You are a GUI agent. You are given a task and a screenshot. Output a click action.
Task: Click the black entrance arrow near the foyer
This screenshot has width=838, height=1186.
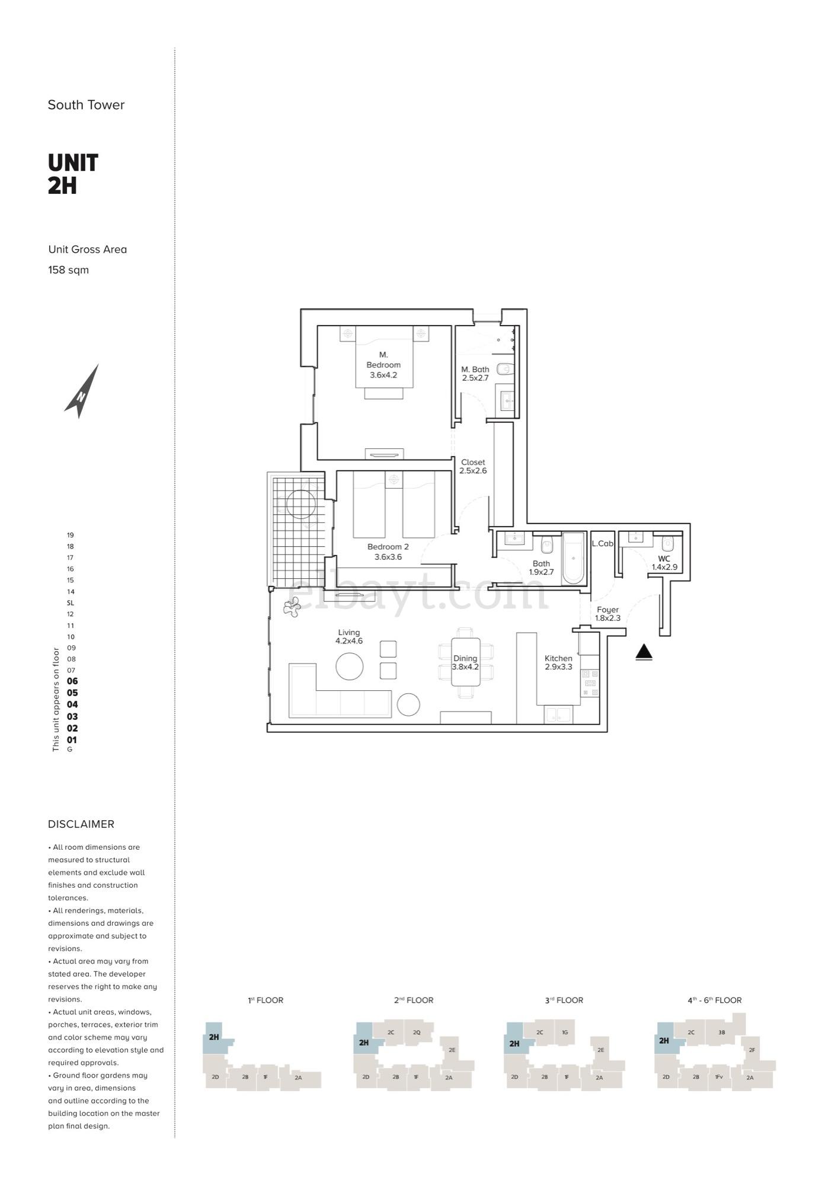tap(644, 652)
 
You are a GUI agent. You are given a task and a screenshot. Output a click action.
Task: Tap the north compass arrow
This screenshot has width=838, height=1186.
tap(83, 391)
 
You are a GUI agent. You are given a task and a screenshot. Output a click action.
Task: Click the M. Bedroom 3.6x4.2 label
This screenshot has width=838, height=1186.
tap(383, 365)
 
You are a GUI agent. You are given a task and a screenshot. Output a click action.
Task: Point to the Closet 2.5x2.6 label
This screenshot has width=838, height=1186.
tap(473, 466)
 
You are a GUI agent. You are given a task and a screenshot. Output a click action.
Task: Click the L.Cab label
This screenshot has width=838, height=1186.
tap(602, 543)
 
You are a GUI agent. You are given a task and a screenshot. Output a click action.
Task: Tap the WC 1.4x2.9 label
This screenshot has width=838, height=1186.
tap(664, 563)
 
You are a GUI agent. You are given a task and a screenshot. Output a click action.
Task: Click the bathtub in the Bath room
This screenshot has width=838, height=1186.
tap(573, 559)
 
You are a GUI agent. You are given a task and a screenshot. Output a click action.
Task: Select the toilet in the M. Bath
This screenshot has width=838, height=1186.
tap(504, 369)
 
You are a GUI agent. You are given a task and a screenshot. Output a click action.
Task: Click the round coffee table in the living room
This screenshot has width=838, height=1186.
tap(349, 666)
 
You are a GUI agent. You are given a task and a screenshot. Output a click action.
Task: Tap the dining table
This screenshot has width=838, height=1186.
tap(465, 661)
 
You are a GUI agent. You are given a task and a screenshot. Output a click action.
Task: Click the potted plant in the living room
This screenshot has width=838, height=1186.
tap(292, 606)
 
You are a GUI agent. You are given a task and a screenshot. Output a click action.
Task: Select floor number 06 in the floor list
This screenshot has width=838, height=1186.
tap(72, 681)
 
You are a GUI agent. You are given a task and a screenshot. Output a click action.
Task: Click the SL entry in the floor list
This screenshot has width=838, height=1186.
tap(71, 602)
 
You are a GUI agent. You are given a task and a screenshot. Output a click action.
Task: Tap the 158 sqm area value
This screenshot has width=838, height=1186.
tap(69, 270)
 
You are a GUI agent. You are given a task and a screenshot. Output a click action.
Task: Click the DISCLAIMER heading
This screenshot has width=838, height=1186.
tap(81, 824)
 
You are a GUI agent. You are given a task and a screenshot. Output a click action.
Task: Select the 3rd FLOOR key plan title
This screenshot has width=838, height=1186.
tap(564, 1000)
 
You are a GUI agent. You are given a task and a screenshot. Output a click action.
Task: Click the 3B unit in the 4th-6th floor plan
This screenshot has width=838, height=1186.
tap(721, 1032)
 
